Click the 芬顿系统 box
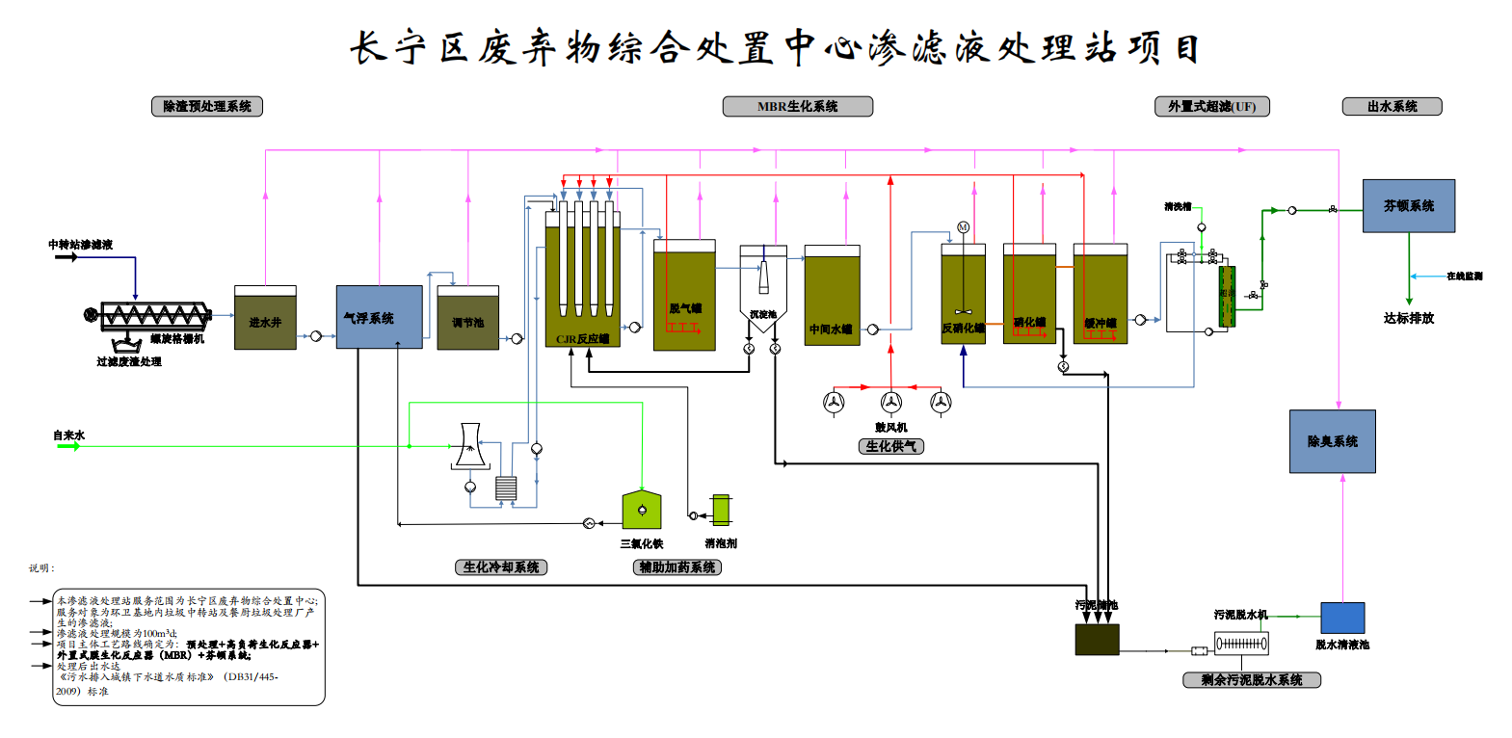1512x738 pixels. coord(1408,205)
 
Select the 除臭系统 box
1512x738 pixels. coord(1332,441)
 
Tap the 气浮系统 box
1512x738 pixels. coord(379,317)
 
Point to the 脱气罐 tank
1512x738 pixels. coord(684,295)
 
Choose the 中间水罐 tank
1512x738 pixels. coord(832,296)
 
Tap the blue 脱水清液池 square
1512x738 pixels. coord(1341,618)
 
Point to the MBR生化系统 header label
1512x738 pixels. coord(797,106)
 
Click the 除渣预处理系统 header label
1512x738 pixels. coord(206,106)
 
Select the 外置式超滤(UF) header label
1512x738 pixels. coord(1211,106)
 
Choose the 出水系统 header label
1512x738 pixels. coord(1392,106)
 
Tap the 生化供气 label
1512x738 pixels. coord(890,446)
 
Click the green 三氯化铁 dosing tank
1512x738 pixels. coord(642,510)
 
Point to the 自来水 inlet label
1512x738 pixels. coord(68,435)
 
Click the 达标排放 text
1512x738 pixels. coord(1408,318)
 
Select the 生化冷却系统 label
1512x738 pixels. coord(500,567)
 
